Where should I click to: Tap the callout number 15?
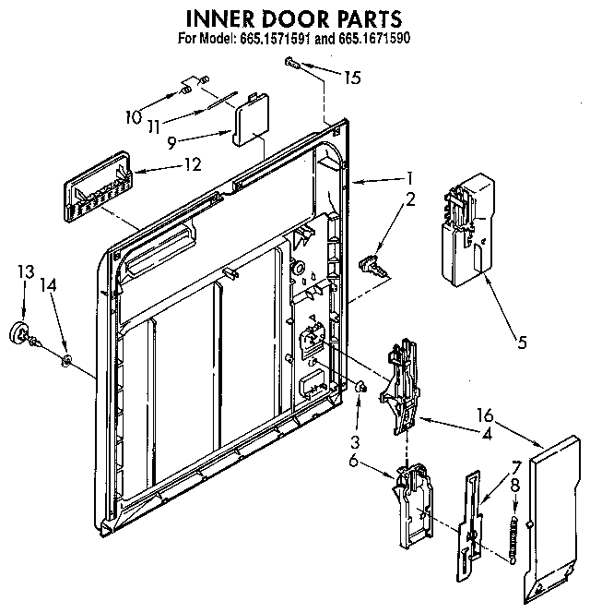click(351, 78)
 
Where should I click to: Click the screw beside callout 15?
click(292, 62)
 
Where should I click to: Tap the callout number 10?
click(134, 116)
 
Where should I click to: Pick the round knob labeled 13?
click(18, 333)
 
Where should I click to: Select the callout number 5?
click(522, 344)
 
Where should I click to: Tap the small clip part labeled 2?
click(372, 266)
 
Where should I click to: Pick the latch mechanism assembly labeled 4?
click(404, 383)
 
